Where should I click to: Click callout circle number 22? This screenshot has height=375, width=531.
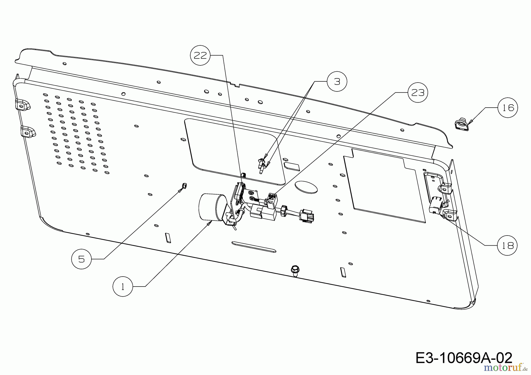click(x=200, y=55)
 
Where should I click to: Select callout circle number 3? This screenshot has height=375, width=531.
click(x=337, y=82)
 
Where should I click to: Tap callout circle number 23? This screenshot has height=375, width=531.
click(x=418, y=93)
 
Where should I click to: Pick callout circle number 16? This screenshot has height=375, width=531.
click(x=508, y=108)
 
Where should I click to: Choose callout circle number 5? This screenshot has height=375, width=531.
click(x=81, y=259)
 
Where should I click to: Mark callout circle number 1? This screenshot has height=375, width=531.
click(x=123, y=286)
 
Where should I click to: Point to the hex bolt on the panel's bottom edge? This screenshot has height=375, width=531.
click(x=295, y=269)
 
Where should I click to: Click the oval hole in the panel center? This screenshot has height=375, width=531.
click(x=306, y=187)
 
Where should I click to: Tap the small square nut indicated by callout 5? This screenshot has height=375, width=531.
click(x=184, y=185)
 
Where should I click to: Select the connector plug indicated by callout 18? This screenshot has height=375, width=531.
click(x=435, y=205)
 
